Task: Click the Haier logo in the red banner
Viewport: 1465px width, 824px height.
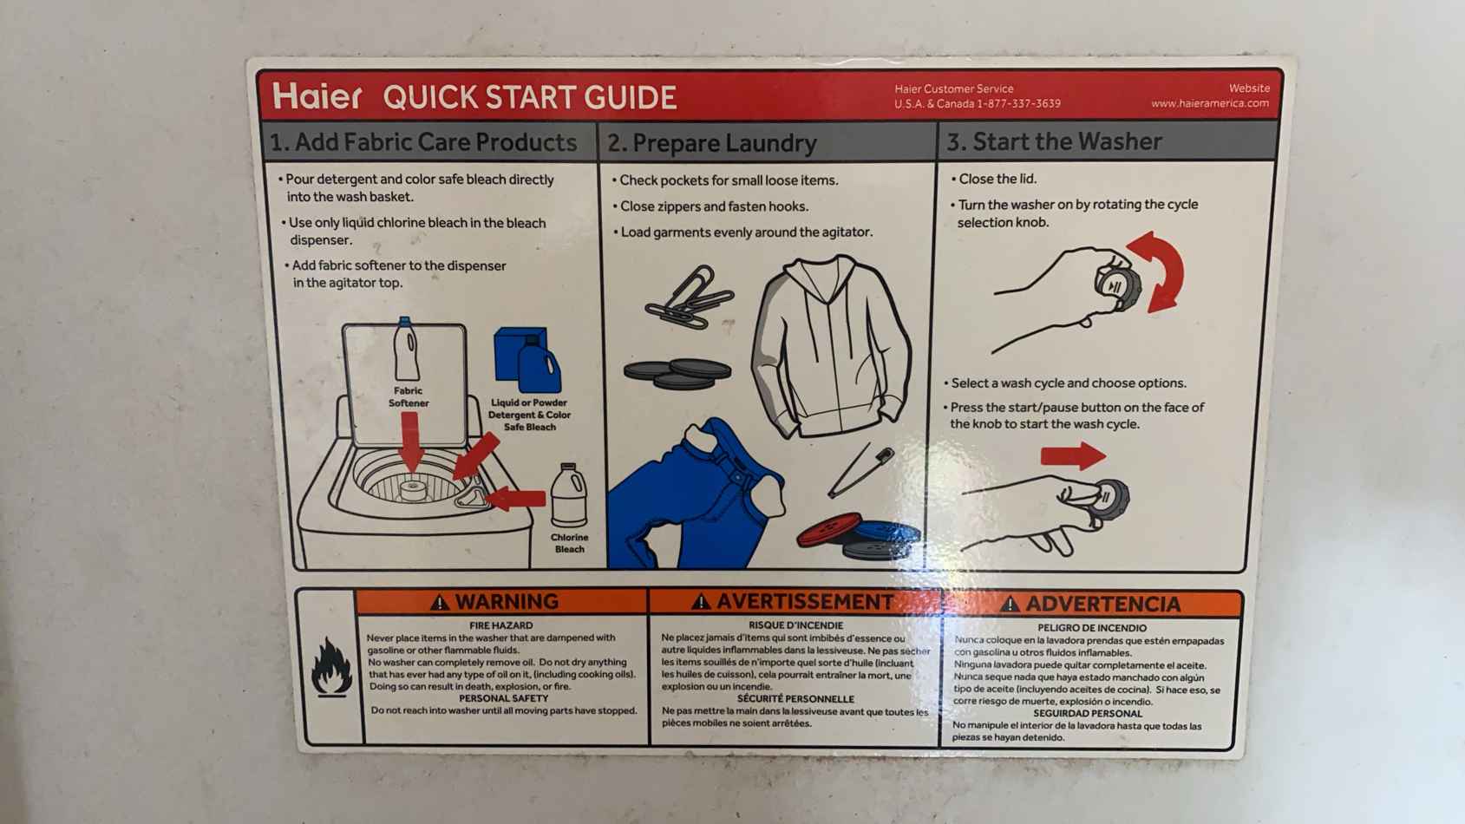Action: click(x=317, y=96)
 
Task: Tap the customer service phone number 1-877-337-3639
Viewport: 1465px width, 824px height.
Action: click(x=1019, y=104)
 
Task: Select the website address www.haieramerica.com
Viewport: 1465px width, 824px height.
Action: click(x=1210, y=103)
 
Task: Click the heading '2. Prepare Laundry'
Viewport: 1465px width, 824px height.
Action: click(x=712, y=142)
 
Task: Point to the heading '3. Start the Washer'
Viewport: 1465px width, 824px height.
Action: click(x=1054, y=141)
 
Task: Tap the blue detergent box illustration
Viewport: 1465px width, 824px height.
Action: click(x=520, y=354)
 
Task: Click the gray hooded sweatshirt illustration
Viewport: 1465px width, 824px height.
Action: click(x=831, y=347)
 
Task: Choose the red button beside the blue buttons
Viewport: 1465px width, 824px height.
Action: click(x=829, y=530)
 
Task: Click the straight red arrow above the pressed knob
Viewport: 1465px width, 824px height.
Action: click(x=1073, y=456)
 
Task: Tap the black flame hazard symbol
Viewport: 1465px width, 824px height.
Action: click(x=331, y=666)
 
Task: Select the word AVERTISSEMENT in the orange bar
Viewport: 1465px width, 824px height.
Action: click(x=805, y=601)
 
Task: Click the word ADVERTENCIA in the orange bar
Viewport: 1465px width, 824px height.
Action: click(x=1102, y=604)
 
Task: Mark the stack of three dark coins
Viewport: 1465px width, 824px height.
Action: click(x=677, y=374)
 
